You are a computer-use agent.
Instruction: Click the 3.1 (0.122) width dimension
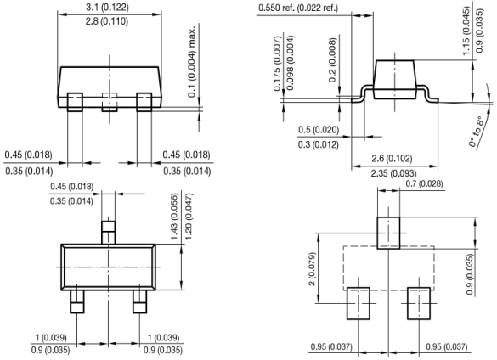(x=107, y=7)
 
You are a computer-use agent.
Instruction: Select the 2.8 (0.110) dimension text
(x=107, y=21)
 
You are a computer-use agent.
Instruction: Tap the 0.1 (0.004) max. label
(x=192, y=61)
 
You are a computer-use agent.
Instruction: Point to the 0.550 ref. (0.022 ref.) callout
(x=298, y=8)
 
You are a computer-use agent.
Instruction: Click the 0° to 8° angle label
(x=477, y=132)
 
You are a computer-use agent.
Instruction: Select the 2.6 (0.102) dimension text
(x=392, y=158)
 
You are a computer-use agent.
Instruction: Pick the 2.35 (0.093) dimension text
(x=393, y=173)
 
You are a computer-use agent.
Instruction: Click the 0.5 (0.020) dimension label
(x=319, y=130)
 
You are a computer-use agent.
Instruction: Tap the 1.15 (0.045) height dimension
(x=466, y=31)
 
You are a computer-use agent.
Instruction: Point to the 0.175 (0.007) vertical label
(x=277, y=64)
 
